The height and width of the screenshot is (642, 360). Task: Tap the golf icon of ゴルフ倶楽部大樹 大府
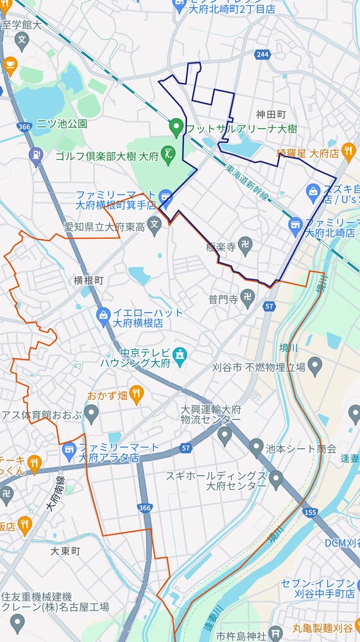(168, 154)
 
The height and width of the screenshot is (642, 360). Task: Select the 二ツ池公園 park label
(62, 123)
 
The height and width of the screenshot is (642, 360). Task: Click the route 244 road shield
(261, 55)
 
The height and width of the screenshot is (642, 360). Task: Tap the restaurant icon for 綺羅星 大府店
(348, 152)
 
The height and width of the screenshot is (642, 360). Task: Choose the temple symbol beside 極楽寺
(245, 245)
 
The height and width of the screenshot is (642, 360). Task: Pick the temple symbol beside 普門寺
(248, 297)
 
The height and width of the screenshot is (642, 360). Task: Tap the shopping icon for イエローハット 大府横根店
(103, 315)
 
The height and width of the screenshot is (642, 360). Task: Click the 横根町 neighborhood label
(88, 281)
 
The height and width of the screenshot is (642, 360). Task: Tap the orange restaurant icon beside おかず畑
(136, 394)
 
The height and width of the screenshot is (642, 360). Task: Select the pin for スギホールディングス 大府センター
(276, 478)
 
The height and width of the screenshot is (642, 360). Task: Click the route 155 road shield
(311, 512)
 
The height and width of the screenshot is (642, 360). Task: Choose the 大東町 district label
(66, 551)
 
